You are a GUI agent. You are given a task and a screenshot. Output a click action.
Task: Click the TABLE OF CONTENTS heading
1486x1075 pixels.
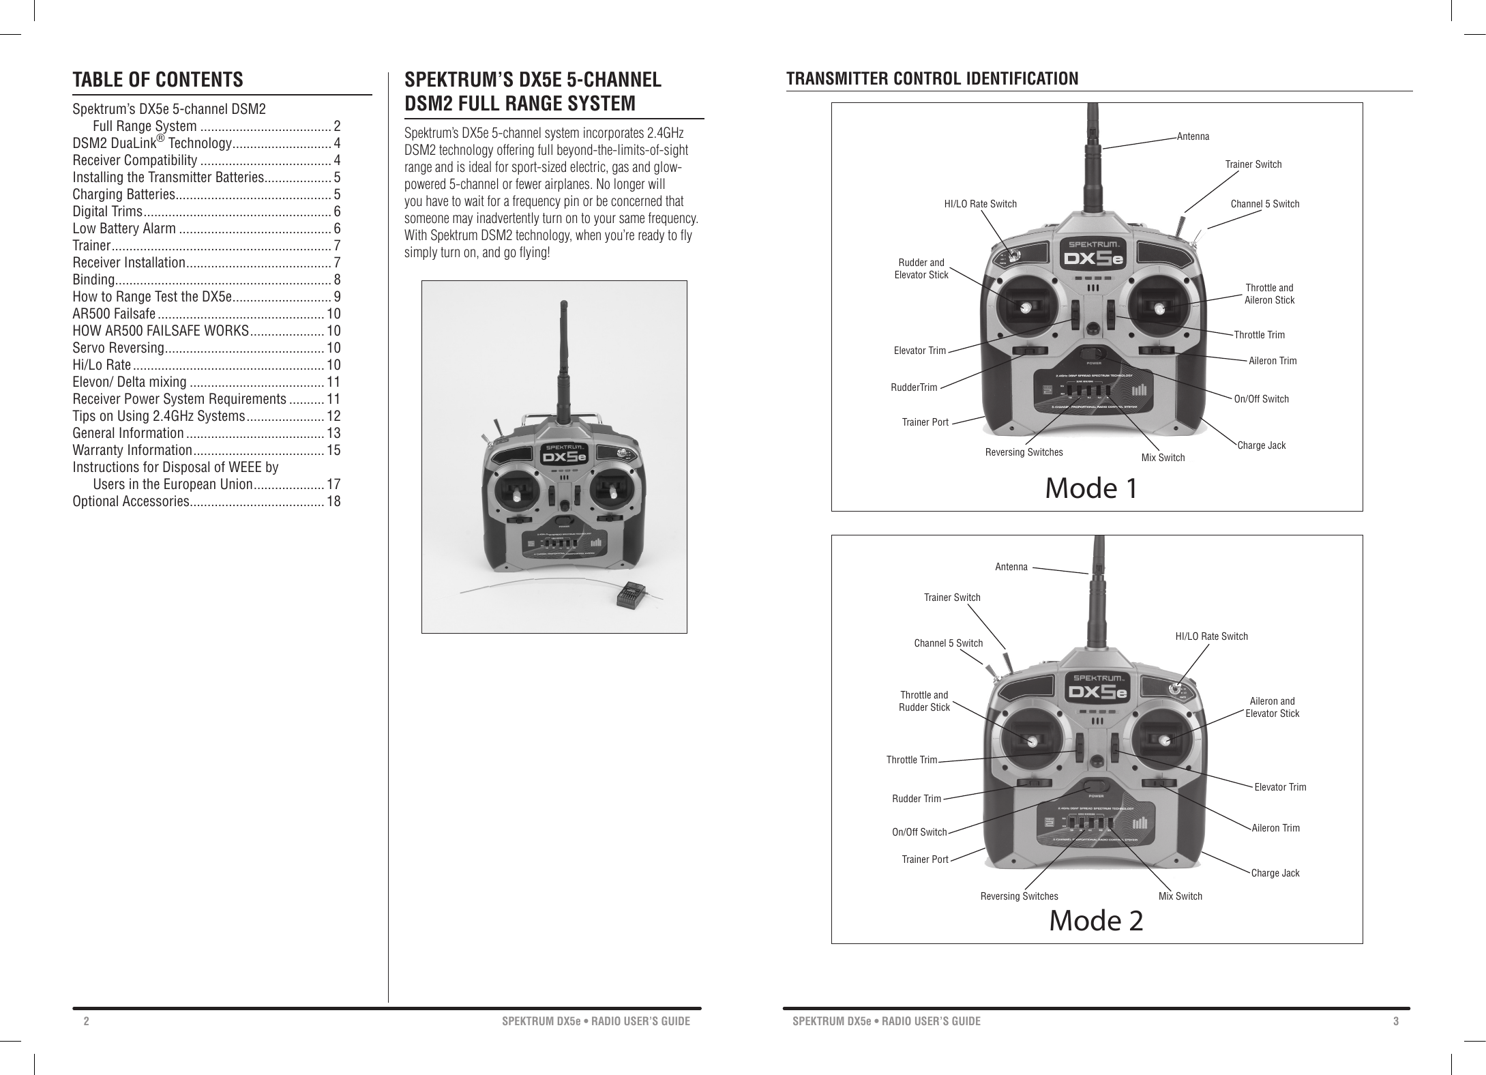[158, 80]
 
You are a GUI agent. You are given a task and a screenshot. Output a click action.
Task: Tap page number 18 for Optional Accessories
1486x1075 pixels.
[334, 502]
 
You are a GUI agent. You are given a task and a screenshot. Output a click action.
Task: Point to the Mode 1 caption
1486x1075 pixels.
[1091, 488]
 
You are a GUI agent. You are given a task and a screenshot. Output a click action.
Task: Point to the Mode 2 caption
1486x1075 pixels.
[1095, 921]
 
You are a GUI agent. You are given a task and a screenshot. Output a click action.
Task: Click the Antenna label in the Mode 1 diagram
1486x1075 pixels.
[1193, 136]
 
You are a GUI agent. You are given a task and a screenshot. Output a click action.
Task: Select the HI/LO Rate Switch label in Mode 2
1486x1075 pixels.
[1211, 636]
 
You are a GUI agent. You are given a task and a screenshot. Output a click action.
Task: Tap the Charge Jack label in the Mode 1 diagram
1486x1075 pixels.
[1261, 445]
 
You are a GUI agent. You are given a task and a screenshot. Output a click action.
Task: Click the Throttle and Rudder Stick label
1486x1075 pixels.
[924, 701]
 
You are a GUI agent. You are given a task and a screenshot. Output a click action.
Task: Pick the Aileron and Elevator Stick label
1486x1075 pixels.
[1272, 707]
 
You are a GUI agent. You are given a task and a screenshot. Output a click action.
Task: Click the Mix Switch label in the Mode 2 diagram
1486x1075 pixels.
[1180, 896]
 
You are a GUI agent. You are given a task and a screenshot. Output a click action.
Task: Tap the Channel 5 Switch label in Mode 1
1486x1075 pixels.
[1264, 204]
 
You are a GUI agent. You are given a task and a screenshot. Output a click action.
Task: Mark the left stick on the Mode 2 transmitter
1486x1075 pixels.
[1031, 741]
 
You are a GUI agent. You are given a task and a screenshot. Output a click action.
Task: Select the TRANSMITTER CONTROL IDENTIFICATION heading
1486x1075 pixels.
[932, 79]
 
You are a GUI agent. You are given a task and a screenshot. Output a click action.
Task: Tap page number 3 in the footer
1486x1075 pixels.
[1396, 1021]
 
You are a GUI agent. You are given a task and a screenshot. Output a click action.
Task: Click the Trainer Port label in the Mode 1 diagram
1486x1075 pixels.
[925, 422]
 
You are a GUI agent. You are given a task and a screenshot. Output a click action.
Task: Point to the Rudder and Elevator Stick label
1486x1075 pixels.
[921, 269]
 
